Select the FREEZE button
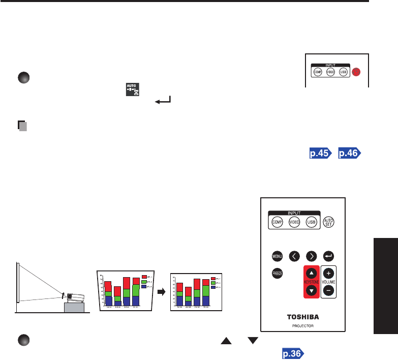[277, 274]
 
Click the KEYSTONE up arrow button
[311, 273]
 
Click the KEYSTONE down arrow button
[311, 291]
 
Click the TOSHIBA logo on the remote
[303, 315]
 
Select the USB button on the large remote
[312, 223]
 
